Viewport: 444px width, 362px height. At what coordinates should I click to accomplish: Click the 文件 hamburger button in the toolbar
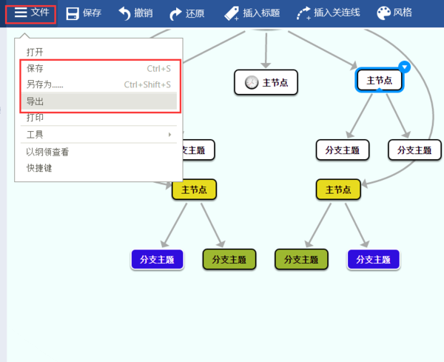click(x=31, y=13)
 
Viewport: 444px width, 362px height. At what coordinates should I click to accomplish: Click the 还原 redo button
click(x=186, y=13)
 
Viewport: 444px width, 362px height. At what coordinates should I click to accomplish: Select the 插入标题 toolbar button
click(x=252, y=13)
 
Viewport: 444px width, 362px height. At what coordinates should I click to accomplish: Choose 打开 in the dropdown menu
click(x=35, y=53)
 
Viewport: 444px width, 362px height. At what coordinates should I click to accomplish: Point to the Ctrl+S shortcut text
click(x=159, y=69)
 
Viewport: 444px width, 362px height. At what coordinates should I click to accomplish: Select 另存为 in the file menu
click(x=44, y=84)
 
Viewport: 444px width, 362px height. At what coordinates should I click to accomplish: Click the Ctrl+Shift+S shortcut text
click(x=147, y=84)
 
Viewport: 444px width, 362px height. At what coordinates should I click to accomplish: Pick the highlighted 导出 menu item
click(x=36, y=101)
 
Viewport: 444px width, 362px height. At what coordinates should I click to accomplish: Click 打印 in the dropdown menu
click(x=35, y=118)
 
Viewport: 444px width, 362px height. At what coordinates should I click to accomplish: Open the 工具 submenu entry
click(x=35, y=135)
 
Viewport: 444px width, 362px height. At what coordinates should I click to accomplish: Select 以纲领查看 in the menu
click(x=47, y=152)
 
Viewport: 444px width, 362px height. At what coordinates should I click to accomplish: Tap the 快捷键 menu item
click(x=39, y=168)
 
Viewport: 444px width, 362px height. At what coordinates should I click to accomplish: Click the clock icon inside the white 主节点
click(x=251, y=82)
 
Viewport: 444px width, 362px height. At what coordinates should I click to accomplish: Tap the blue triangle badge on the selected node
click(x=404, y=67)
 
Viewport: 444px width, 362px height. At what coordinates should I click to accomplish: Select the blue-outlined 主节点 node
click(x=380, y=80)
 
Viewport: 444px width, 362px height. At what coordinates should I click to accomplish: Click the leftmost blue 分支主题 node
click(x=157, y=259)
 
